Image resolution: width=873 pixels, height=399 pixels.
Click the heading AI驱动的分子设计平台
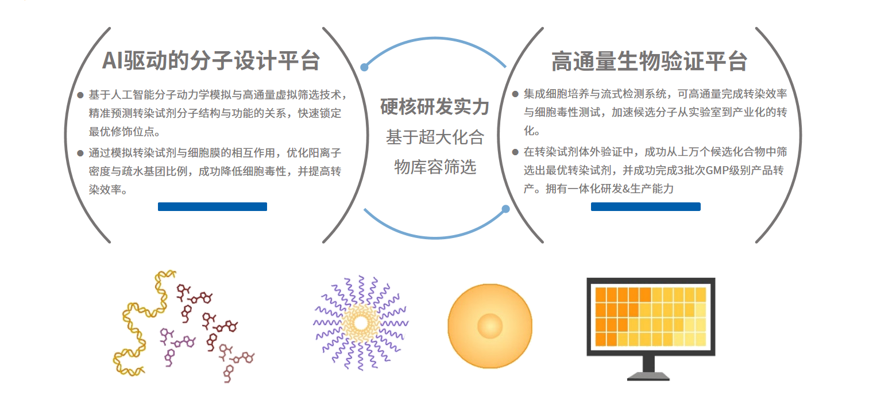[211, 61]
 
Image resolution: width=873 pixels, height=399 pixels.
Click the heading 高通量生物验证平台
[649, 62]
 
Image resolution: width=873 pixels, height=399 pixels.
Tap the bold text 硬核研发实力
[435, 107]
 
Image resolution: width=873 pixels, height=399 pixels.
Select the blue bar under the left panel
[213, 207]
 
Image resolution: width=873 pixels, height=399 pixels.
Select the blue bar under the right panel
[646, 207]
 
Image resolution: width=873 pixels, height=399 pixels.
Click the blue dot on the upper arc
[364, 67]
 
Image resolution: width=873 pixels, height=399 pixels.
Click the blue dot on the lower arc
[505, 209]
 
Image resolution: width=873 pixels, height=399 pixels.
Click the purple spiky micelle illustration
[361, 323]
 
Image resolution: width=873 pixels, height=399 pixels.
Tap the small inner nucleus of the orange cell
[490, 326]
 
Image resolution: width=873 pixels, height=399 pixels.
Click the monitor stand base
[648, 377]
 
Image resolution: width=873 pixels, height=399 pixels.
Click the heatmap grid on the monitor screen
[651, 317]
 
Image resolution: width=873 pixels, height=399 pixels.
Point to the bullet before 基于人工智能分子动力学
[80, 95]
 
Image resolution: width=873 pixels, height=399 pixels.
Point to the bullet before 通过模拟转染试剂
[80, 154]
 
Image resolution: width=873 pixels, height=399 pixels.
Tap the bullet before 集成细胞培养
[515, 94]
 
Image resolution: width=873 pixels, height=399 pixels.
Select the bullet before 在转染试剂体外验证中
[515, 152]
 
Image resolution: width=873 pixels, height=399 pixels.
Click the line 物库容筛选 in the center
[435, 167]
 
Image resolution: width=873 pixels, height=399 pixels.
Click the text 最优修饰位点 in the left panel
[122, 132]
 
